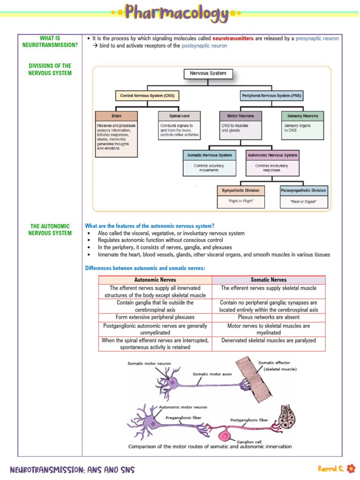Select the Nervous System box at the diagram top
pyautogui.click(x=208, y=74)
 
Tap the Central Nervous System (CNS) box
pyautogui.click(x=147, y=96)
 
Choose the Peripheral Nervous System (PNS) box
pyautogui.click(x=271, y=96)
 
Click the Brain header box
pyautogui.click(x=116, y=116)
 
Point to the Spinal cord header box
pyautogui.click(x=179, y=116)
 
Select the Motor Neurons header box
pyautogui.click(x=240, y=116)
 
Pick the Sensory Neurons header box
pyautogui.click(x=302, y=116)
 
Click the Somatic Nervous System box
pyautogui.click(x=209, y=155)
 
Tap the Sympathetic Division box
pyautogui.click(x=240, y=191)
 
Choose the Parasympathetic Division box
pyautogui.click(x=303, y=191)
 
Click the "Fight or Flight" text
pyautogui.click(x=240, y=202)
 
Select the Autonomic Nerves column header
pyautogui.click(x=155, y=280)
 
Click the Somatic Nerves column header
pyautogui.click(x=269, y=280)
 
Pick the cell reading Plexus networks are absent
pyautogui.click(x=269, y=317)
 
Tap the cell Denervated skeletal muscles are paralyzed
pyautogui.click(x=269, y=340)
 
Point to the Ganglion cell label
pyautogui.click(x=249, y=441)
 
